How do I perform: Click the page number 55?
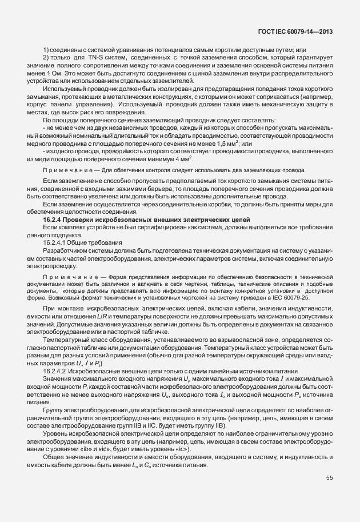pos(329,477)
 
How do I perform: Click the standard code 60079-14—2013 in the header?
pos(313,32)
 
